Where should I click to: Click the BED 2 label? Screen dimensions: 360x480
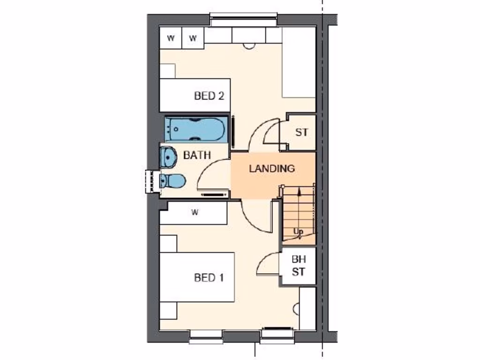tap(209, 96)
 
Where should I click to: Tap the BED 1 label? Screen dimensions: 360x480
tap(209, 277)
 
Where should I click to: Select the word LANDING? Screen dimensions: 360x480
tap(272, 168)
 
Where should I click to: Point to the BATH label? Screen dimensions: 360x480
tap(197, 155)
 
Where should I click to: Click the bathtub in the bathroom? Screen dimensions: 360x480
tap(196, 128)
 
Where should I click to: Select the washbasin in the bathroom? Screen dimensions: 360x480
tap(167, 157)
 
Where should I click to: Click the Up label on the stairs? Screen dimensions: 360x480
tap(298, 232)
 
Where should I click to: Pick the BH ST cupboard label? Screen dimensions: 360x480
tap(299, 265)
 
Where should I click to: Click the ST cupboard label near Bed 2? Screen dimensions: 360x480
tap(302, 132)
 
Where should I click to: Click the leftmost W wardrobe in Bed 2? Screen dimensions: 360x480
tap(171, 38)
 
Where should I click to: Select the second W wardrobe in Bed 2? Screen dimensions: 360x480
tap(193, 38)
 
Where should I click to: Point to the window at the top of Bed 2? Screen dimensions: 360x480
tap(243, 20)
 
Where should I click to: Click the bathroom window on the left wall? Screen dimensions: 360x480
tap(151, 181)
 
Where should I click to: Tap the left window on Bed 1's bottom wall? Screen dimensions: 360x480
tap(206, 335)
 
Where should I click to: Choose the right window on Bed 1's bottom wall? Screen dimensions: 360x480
tap(277, 334)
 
